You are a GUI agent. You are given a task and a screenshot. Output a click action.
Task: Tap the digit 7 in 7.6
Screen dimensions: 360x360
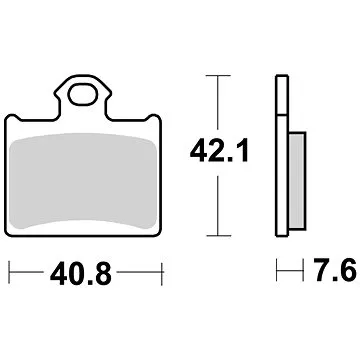pyautogui.click(x=304, y=272)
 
